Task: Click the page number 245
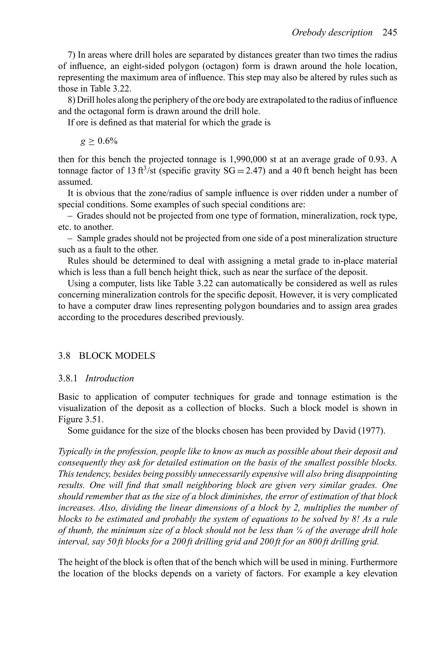coord(390,33)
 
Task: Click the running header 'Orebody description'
coord(332,33)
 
